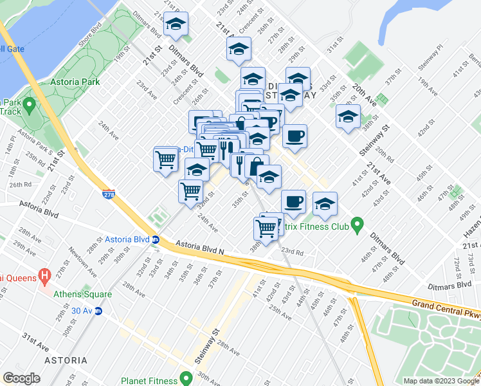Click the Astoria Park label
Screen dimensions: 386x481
[77, 82]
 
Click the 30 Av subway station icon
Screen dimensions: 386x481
[98, 311]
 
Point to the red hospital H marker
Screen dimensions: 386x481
[44, 277]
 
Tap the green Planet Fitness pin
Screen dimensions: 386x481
[186, 378]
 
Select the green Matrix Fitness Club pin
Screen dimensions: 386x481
[358, 226]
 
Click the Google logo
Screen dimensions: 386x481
[21, 378]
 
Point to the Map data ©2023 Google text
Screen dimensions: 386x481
[440, 381]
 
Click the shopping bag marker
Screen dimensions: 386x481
[256, 166]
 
